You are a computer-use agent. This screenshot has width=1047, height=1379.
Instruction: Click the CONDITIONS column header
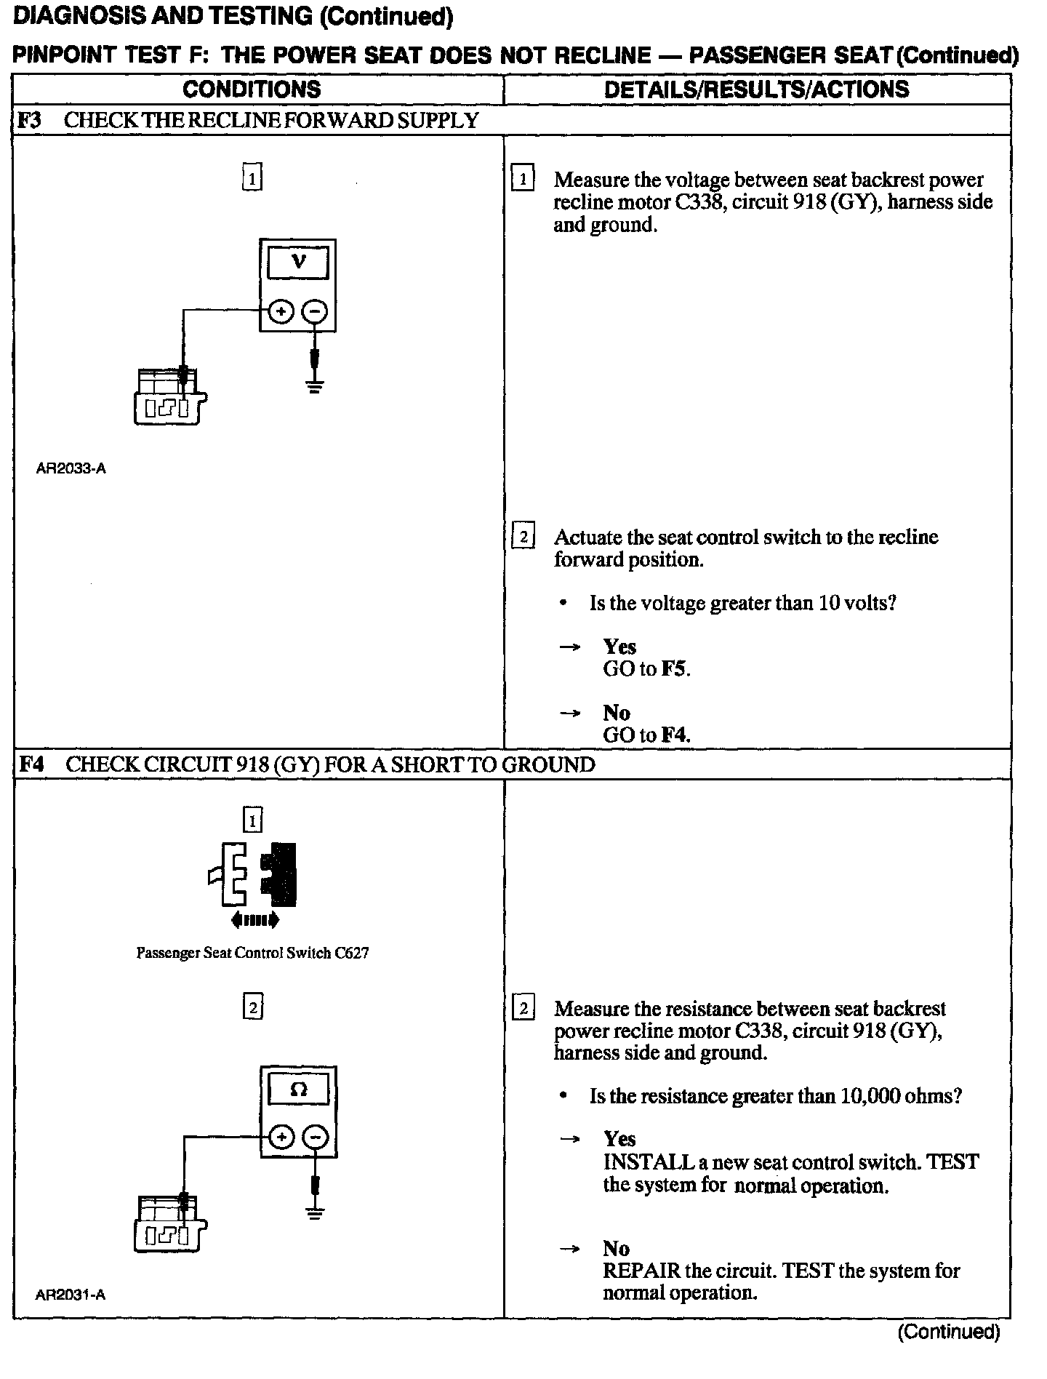click(x=252, y=89)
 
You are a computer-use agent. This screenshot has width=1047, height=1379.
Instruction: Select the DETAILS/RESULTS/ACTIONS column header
click(x=756, y=89)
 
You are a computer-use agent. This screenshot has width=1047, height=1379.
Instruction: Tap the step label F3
click(x=29, y=120)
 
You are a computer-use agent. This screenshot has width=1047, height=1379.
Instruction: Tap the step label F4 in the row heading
click(x=31, y=764)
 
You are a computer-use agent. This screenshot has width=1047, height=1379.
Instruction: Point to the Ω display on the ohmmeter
click(x=298, y=1090)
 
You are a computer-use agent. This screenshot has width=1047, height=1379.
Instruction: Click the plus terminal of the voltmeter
click(x=281, y=312)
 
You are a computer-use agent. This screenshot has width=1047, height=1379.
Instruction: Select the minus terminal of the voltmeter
click(x=315, y=312)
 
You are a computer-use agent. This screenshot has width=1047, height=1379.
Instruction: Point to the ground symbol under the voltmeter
click(x=314, y=386)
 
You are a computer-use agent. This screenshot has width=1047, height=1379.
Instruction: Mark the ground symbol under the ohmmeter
click(x=315, y=1212)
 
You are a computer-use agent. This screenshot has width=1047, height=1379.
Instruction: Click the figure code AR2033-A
click(x=71, y=468)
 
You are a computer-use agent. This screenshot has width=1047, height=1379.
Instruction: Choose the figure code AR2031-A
click(x=71, y=1295)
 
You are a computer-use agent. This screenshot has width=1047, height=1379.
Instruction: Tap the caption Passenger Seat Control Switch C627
click(x=252, y=953)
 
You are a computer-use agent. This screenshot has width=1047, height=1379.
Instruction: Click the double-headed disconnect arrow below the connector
click(x=254, y=921)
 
